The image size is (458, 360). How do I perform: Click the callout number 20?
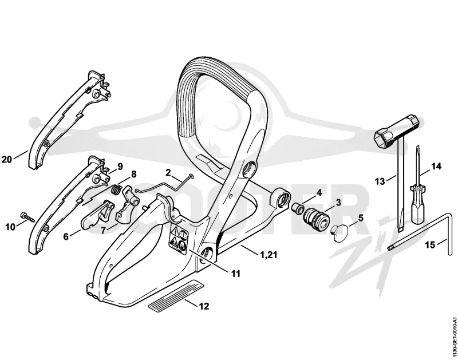[7, 160]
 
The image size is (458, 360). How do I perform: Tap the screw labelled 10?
[27, 217]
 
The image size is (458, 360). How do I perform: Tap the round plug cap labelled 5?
[339, 234]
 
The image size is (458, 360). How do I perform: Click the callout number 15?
[430, 244]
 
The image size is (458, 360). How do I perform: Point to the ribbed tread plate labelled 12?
[175, 294]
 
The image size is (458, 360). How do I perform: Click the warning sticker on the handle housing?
[178, 239]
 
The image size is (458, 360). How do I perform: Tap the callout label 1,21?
[268, 255]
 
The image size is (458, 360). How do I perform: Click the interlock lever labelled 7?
[126, 205]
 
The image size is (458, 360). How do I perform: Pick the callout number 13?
[380, 182]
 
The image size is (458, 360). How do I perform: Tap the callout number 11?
[235, 274]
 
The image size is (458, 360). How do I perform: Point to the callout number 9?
[120, 167]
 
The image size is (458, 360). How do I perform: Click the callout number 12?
[204, 306]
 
